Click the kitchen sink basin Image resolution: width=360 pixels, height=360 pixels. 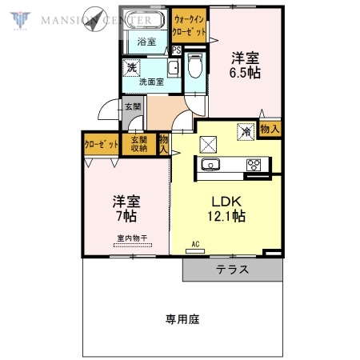click(x=211, y=166)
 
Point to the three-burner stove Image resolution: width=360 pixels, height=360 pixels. click(x=254, y=166)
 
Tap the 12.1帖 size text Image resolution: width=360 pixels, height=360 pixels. click(x=227, y=216)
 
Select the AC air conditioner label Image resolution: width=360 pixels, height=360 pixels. click(x=195, y=244)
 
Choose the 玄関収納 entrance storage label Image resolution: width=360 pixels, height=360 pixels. click(x=139, y=145)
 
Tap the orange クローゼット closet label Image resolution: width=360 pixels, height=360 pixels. click(x=102, y=145)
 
